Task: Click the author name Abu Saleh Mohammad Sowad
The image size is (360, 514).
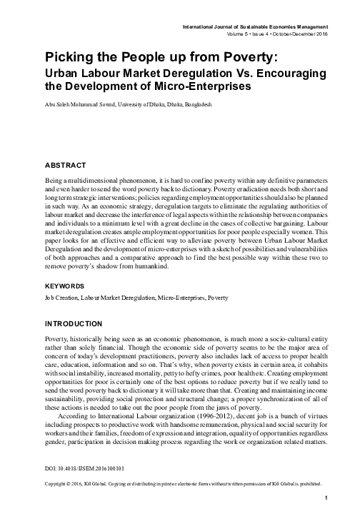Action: click(78, 104)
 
